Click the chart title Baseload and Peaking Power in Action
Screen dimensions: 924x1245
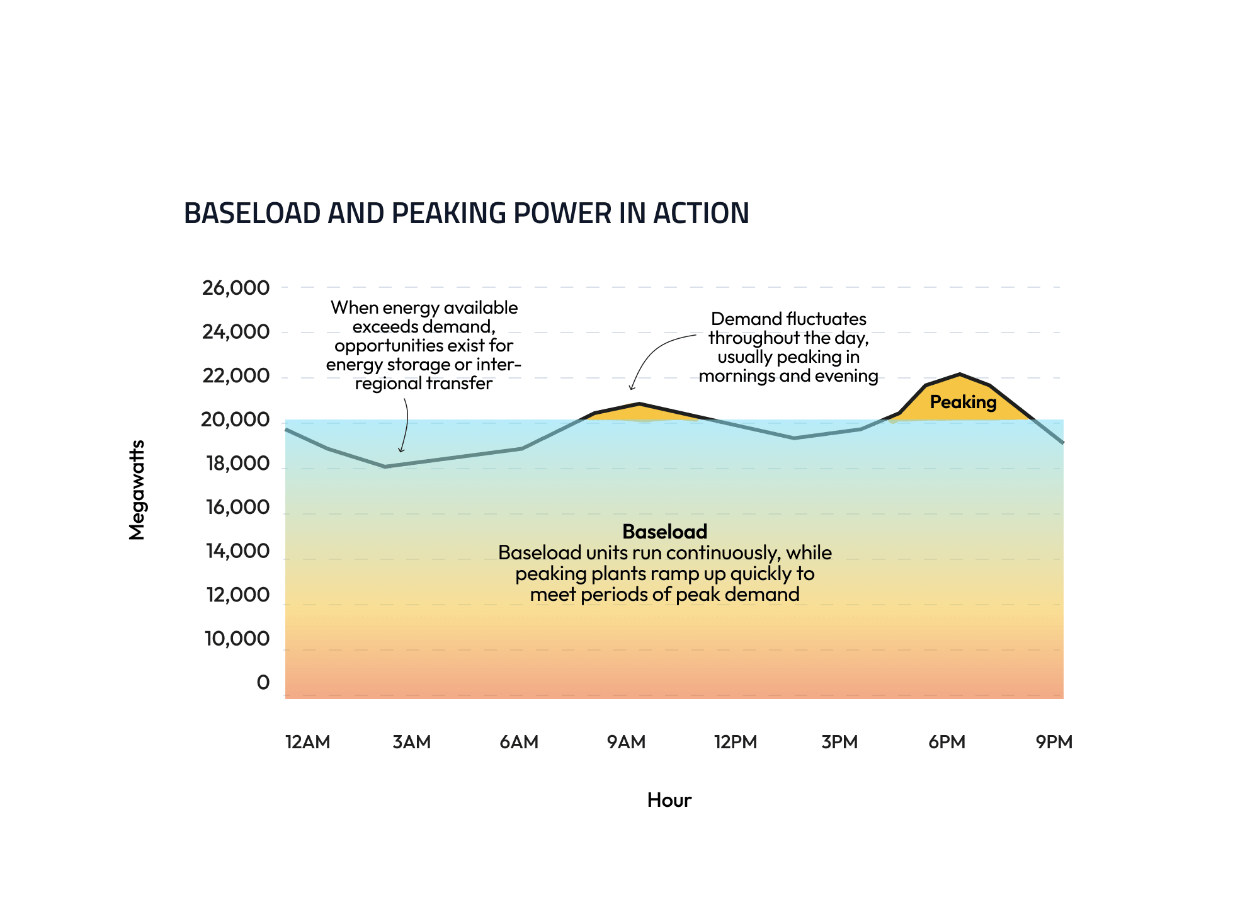point(466,213)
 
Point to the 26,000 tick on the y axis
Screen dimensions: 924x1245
point(235,288)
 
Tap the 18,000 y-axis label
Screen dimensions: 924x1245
point(237,464)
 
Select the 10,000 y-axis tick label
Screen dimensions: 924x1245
point(236,639)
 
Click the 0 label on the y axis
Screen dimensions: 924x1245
point(263,682)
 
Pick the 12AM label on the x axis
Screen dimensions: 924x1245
point(307,741)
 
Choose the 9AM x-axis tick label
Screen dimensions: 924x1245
point(626,741)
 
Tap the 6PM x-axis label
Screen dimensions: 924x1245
point(947,741)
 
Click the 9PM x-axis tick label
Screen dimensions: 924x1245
point(1054,741)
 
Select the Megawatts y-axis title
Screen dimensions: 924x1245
point(137,489)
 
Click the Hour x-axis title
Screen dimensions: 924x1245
point(669,800)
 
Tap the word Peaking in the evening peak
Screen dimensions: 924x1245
point(963,402)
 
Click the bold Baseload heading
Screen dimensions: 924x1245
point(664,532)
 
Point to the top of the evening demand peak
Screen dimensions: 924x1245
point(960,374)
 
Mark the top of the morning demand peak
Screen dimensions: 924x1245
point(639,404)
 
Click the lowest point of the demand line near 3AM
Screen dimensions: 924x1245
point(385,467)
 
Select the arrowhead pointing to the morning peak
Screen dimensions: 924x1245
point(632,388)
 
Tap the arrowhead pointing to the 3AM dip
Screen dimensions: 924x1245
point(401,450)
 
